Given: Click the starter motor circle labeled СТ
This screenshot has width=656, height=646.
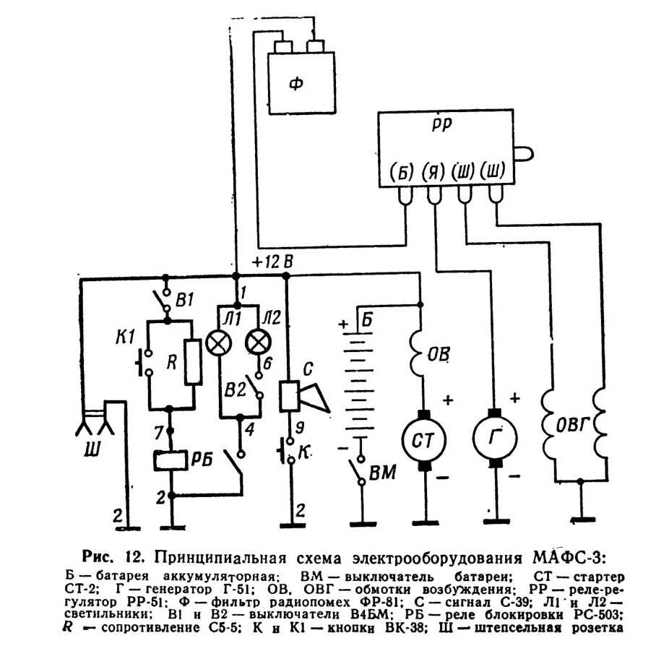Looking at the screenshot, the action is click(424, 440).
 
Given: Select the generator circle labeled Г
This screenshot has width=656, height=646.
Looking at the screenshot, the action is click(496, 438).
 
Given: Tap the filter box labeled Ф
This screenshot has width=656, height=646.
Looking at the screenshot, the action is click(302, 83).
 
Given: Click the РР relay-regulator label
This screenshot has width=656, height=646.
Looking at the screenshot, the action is click(442, 124).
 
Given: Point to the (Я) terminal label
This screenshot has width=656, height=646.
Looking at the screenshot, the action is click(433, 171).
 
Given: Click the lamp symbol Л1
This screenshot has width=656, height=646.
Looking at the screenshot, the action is click(218, 343).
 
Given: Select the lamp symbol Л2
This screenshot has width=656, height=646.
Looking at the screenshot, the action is click(258, 343).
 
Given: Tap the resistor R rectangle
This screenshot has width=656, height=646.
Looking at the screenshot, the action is click(194, 362).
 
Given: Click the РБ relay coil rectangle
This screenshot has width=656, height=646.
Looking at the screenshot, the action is click(171, 460).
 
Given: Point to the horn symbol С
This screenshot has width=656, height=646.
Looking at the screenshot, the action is click(304, 395).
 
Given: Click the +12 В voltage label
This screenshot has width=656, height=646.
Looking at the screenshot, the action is click(272, 262).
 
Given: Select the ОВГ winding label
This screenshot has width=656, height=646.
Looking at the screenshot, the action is click(572, 426).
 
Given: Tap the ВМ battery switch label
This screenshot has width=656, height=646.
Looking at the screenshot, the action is click(382, 472).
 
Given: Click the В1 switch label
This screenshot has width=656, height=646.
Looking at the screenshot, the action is click(184, 300).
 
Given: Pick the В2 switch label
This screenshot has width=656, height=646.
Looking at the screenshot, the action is click(235, 390).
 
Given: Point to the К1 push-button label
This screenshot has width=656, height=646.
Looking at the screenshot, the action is click(125, 337).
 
